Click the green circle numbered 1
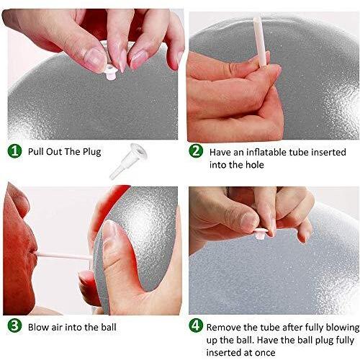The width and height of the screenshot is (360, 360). click(14, 151)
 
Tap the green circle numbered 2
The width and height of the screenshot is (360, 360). click(196, 151)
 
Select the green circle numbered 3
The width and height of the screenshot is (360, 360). click(14, 326)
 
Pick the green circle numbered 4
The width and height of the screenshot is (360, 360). click(196, 325)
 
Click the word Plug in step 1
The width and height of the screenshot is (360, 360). click(92, 152)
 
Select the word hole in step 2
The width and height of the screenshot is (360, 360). click(255, 165)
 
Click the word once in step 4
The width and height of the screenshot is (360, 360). click(265, 353)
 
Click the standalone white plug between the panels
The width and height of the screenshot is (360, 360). click(127, 161)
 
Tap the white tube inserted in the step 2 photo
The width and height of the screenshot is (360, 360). click(260, 41)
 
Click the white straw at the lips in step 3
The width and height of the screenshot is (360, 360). click(63, 256)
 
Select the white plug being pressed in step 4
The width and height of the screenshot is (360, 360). click(261, 233)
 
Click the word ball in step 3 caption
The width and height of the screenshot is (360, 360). click(108, 327)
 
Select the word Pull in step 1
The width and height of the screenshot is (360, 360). click(36, 152)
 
